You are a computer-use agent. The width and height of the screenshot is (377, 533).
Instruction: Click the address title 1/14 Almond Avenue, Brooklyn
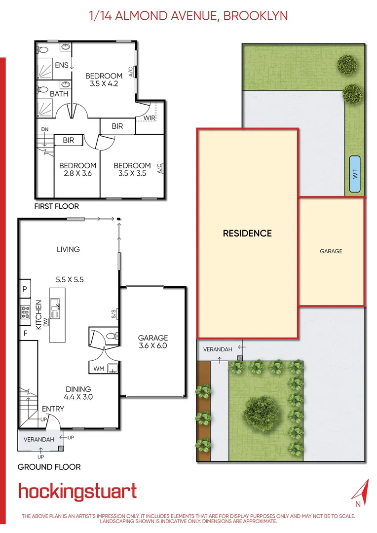188,16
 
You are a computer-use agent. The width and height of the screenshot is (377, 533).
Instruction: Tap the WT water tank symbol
354,174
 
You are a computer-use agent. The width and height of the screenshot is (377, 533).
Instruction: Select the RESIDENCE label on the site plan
247,233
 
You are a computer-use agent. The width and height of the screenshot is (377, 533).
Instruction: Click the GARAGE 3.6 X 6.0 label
153,342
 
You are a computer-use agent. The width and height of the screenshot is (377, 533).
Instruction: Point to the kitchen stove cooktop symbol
25,311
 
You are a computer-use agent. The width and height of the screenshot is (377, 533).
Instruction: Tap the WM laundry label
98,368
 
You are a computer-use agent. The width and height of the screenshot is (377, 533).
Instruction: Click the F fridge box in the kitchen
24,333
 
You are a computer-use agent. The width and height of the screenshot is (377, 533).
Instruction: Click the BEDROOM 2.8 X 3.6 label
77,169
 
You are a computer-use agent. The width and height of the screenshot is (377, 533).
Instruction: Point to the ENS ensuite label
62,65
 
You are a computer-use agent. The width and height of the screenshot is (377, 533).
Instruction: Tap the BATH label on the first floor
59,93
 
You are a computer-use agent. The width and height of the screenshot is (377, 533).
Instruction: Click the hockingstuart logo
77,492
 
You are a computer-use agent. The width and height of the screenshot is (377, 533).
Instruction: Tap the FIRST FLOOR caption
56,206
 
